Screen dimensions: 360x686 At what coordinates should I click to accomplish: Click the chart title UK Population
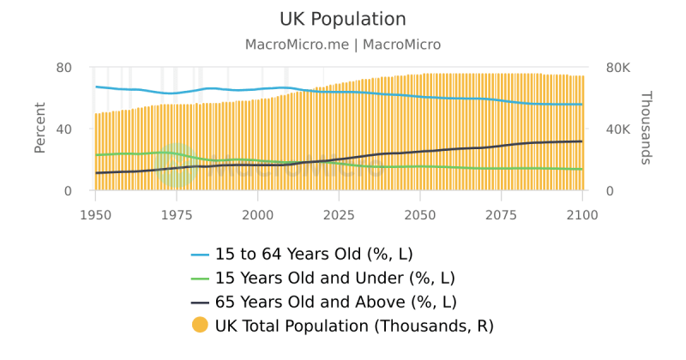coord(343,19)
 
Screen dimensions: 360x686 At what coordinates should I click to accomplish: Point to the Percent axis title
coord(39,129)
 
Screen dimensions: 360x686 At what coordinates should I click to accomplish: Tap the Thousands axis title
coord(647,128)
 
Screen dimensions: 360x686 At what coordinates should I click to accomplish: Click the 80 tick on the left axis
coord(63,68)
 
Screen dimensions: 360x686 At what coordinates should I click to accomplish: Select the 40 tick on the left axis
coord(63,129)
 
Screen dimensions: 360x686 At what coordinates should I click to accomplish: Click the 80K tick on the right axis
coord(620,68)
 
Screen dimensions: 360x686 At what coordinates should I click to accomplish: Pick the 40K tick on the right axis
coord(620,129)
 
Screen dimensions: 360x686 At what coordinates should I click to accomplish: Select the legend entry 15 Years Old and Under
coord(334,279)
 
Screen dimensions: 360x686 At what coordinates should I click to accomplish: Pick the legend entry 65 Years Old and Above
coord(335,303)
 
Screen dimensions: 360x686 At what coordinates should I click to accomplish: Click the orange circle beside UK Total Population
coord(200,326)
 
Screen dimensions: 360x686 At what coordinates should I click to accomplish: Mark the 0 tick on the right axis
coord(610,191)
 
